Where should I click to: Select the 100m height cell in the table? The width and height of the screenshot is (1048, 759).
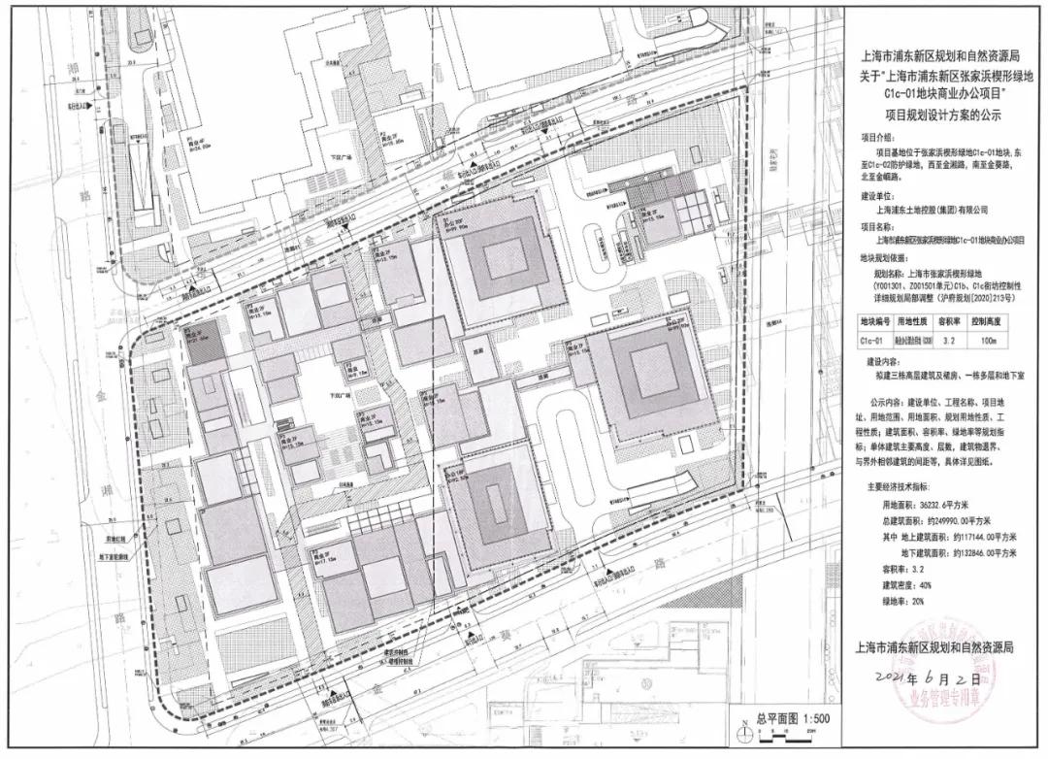(x=999, y=341)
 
